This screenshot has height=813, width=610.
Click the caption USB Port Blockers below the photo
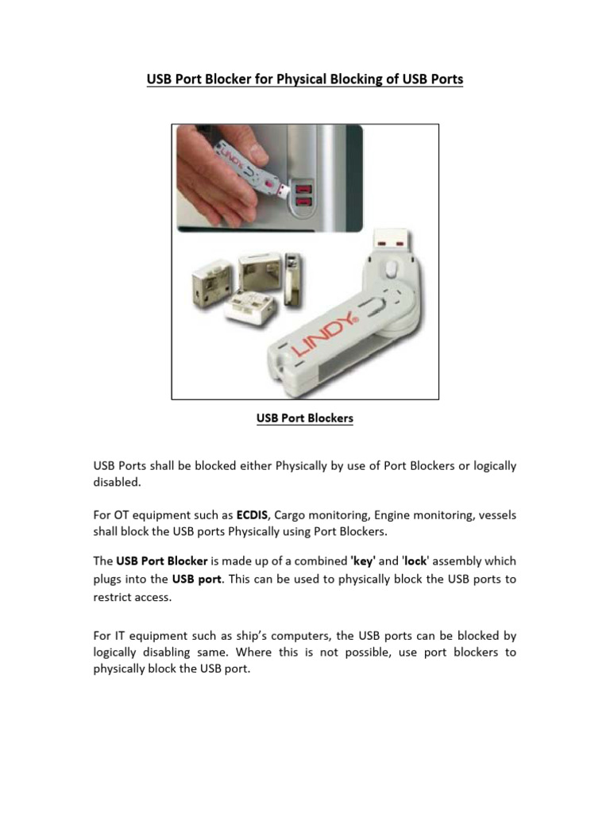[304, 418]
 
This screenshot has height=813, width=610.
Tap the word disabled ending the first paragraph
[116, 482]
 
